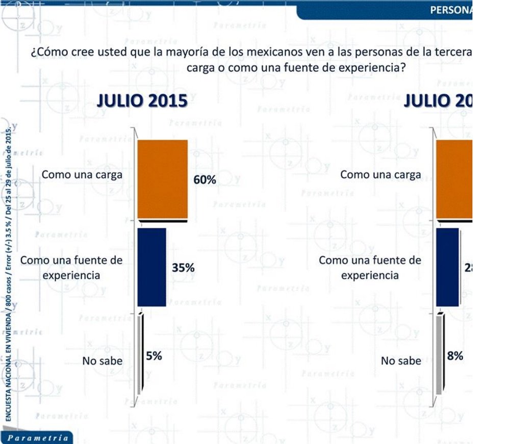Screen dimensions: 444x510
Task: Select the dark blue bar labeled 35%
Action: [x=152, y=267]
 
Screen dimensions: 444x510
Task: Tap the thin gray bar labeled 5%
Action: [x=139, y=355]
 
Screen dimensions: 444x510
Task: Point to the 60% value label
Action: [x=205, y=180]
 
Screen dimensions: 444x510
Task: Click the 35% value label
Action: [x=183, y=268]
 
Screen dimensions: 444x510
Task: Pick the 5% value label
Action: [x=154, y=356]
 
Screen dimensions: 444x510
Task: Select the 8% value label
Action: [x=455, y=356]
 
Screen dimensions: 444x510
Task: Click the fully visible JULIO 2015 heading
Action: [x=142, y=101]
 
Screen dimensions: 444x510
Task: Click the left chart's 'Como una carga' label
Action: [x=82, y=174]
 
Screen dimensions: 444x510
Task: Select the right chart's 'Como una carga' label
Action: [x=380, y=174]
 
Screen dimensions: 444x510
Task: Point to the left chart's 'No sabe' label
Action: [x=103, y=361]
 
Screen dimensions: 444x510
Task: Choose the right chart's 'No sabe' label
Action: [x=401, y=361]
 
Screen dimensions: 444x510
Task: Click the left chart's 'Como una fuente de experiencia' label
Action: [x=71, y=267]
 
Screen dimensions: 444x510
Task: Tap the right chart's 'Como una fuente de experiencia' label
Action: [x=370, y=267]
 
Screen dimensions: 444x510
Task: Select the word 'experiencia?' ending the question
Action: [x=377, y=68]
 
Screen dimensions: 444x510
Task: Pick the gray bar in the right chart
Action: [x=439, y=355]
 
